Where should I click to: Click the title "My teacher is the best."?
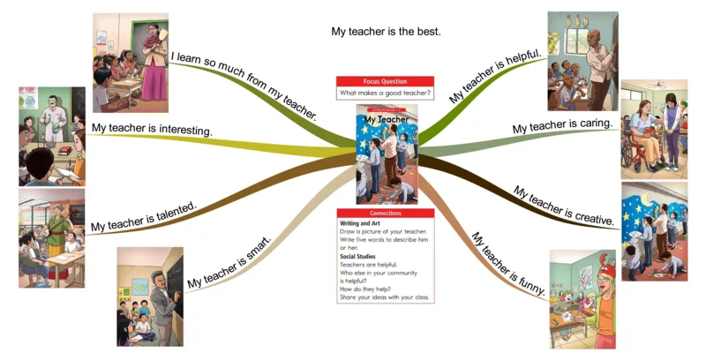click(386, 31)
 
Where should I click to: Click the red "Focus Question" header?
click(385, 81)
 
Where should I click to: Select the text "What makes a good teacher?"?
click(385, 93)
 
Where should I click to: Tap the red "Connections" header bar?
click(386, 214)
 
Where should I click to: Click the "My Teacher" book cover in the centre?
click(387, 154)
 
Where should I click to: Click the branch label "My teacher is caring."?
click(563, 127)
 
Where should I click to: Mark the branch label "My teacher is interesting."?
click(151, 129)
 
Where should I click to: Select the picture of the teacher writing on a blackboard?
click(150, 296)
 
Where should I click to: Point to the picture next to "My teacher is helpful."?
click(582, 60)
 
